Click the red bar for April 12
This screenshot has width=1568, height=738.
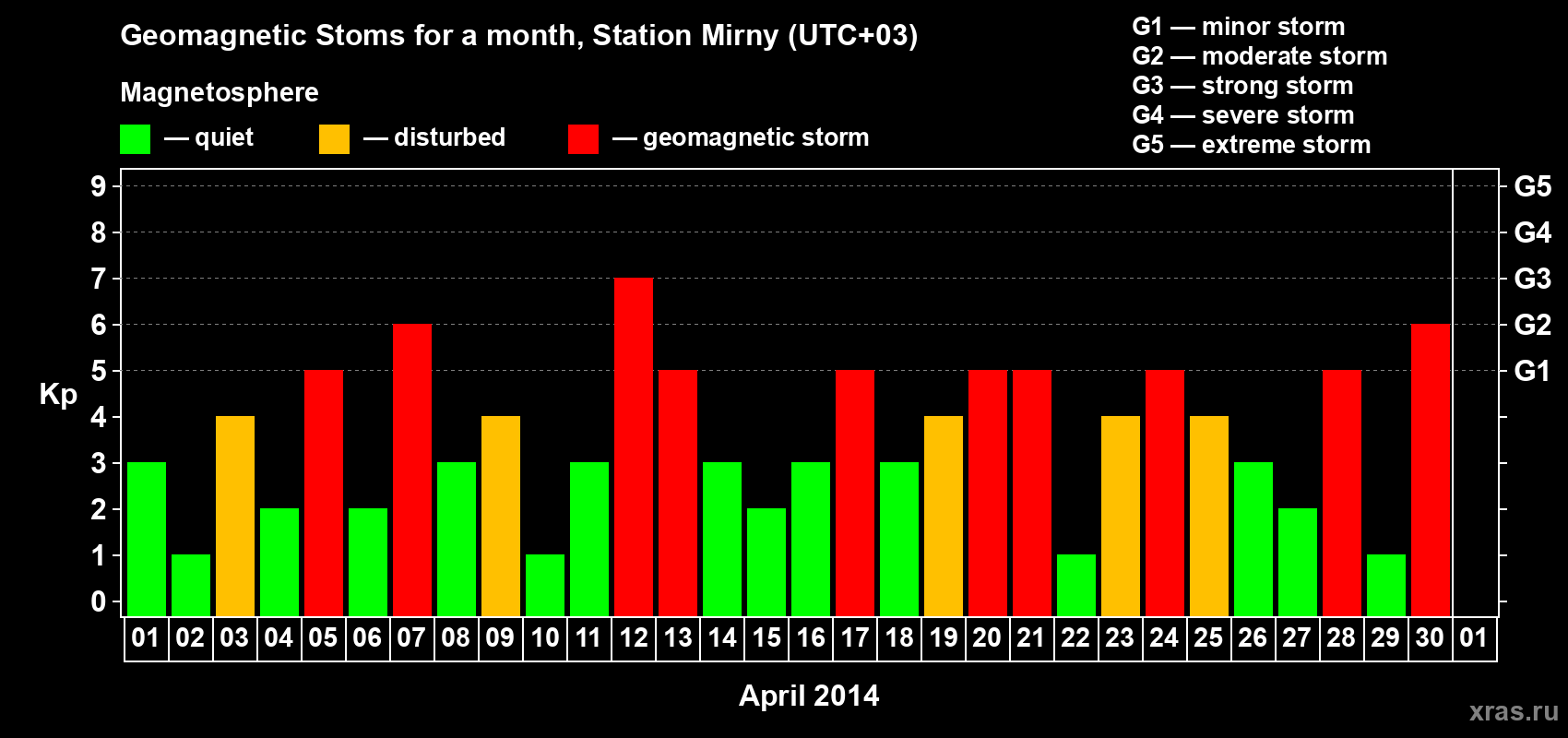(634, 446)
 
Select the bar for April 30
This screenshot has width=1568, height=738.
(1430, 470)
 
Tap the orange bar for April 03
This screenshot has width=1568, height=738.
(235, 516)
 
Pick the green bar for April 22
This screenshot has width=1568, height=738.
(1075, 586)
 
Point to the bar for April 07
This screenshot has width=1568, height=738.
(412, 470)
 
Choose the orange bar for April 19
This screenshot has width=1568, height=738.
(944, 516)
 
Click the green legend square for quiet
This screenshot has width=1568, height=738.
(135, 138)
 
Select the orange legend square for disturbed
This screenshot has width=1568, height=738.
(334, 138)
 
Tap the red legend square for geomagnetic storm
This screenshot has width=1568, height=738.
(583, 138)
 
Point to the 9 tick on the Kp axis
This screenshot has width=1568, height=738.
(98, 186)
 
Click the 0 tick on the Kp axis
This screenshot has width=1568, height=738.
(98, 601)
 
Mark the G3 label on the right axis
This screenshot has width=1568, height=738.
(1533, 279)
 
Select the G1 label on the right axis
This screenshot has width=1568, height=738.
(1533, 371)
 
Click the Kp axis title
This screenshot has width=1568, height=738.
(58, 395)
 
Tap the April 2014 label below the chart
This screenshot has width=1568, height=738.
(809, 696)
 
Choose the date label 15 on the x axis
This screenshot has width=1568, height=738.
(766, 637)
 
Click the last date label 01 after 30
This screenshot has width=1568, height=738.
(1474, 637)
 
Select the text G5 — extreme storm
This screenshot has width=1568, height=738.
(1252, 145)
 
